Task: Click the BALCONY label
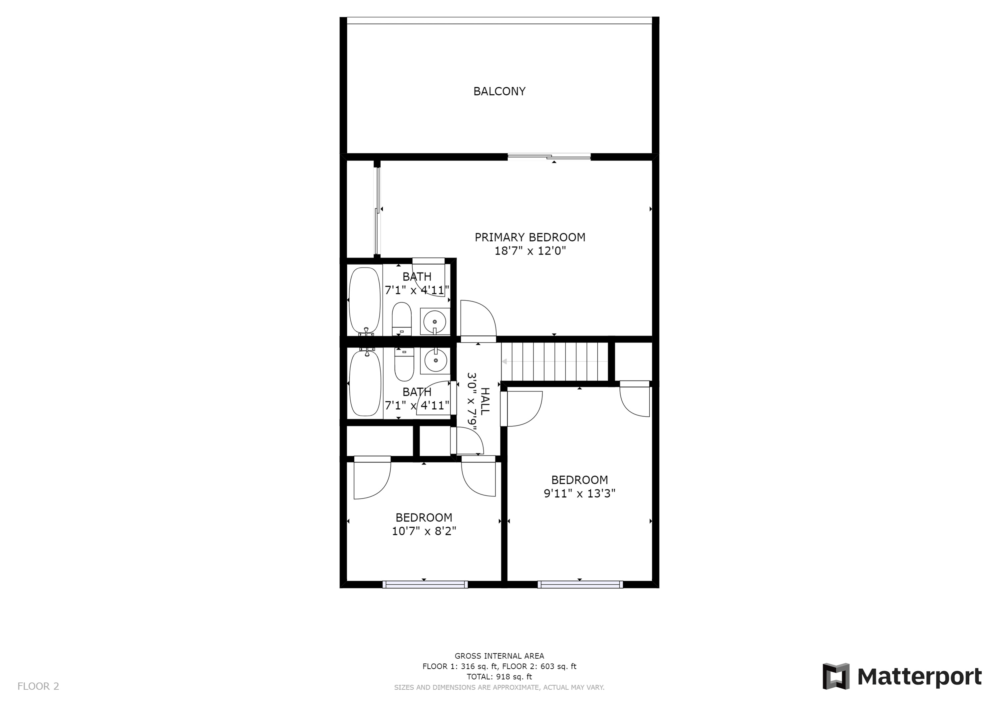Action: tap(499, 91)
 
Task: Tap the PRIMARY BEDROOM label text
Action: tap(529, 237)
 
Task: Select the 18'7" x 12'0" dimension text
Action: tap(530, 251)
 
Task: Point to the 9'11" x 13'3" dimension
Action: tap(579, 493)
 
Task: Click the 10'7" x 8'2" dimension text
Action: tap(424, 531)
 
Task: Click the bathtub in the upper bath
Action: tap(365, 301)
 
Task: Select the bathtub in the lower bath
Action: tap(365, 383)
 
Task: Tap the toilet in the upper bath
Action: tap(402, 319)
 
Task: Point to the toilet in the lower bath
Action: tap(404, 364)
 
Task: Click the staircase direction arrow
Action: tap(554, 361)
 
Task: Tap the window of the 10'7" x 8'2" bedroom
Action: tap(425, 584)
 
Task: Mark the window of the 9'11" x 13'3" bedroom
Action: tap(580, 584)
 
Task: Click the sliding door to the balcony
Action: tap(549, 157)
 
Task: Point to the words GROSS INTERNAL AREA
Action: tap(499, 656)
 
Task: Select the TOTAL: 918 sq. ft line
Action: tap(499, 677)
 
